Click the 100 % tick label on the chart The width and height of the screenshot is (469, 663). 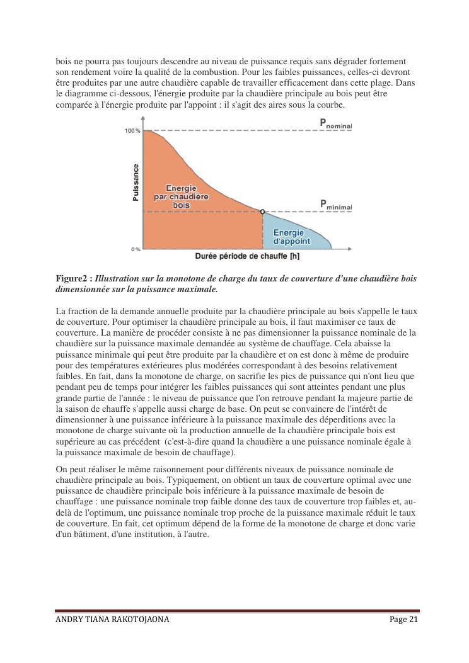(133, 131)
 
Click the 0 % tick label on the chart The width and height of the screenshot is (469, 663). (136, 249)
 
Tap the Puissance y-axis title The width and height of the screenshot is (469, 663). (136, 183)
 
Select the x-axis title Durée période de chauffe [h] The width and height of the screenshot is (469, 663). (247, 256)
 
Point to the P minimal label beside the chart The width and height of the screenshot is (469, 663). (335, 205)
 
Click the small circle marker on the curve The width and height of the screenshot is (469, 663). (262, 212)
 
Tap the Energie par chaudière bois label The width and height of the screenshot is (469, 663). (181, 196)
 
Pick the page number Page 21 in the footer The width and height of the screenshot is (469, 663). (404, 620)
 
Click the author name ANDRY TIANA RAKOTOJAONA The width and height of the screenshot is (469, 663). (112, 620)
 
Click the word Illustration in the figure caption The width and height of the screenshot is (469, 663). (118, 278)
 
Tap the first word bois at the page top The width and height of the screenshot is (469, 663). (64, 61)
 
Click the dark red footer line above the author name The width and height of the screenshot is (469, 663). (237, 610)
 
